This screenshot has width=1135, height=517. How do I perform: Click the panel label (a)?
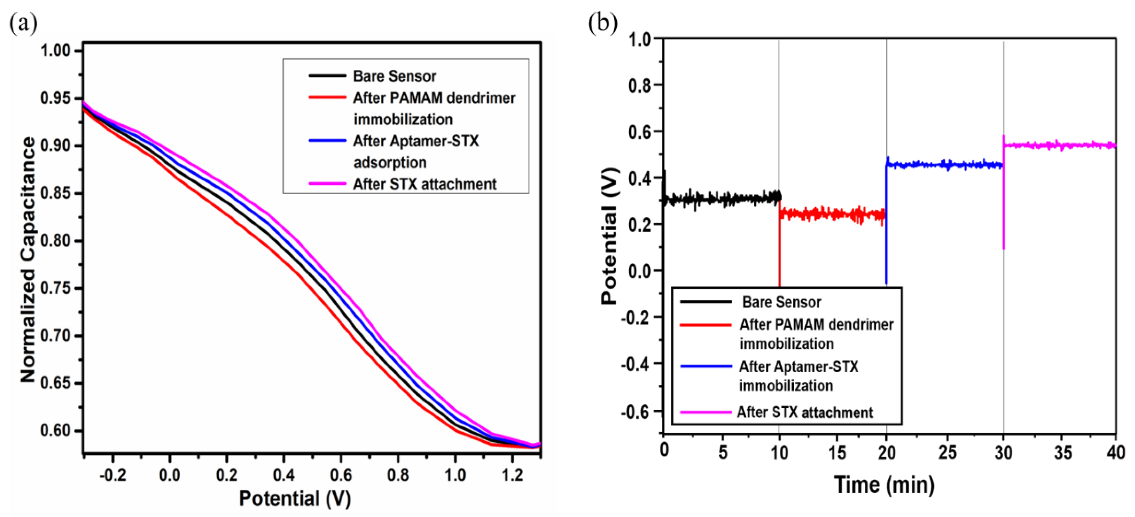pos(23,23)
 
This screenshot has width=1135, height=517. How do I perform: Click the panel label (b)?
pos(603,23)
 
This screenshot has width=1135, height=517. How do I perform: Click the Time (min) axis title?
pos(884,485)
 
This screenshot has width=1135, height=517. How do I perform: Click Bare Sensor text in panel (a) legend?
pos(394,76)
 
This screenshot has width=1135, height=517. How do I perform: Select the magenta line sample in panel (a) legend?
pos(327,183)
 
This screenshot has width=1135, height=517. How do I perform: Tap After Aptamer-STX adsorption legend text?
pos(416,152)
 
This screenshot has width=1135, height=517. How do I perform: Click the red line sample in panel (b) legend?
pos(706,325)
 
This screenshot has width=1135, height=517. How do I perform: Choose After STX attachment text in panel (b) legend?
pos(805,412)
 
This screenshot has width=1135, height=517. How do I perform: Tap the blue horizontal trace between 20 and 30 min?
pos(943,165)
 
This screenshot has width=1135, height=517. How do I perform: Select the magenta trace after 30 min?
pos(1058,145)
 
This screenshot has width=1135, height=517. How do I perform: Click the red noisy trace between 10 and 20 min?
pos(833,214)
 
